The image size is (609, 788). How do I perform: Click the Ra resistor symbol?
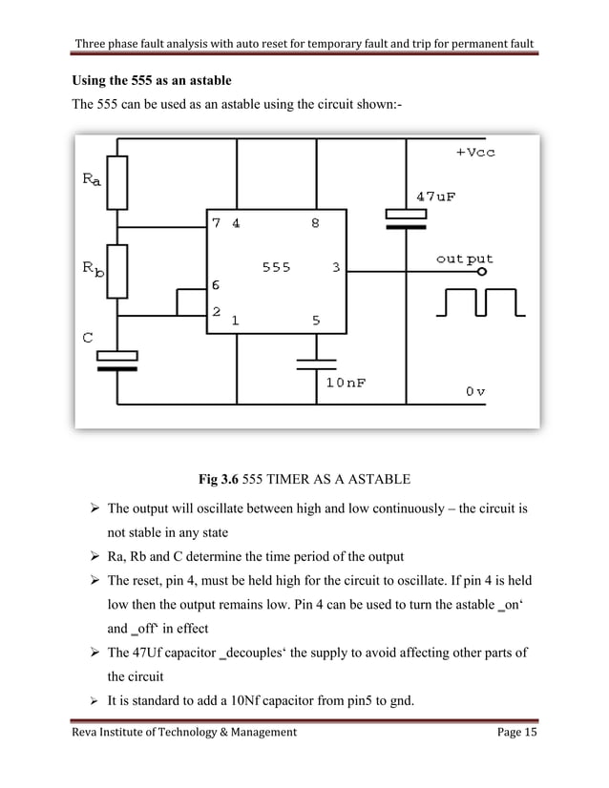117,184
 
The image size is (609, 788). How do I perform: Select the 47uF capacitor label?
435,197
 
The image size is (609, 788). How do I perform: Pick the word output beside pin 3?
464,259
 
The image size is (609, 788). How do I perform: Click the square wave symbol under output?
478,303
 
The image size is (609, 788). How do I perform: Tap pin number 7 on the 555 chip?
217,223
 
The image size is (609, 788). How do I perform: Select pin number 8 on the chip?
314,223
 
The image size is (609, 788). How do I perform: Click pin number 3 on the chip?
336,268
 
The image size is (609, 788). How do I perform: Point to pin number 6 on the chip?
217,285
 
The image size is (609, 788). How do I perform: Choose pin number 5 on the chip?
315,321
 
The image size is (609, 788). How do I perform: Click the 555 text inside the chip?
277,268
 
